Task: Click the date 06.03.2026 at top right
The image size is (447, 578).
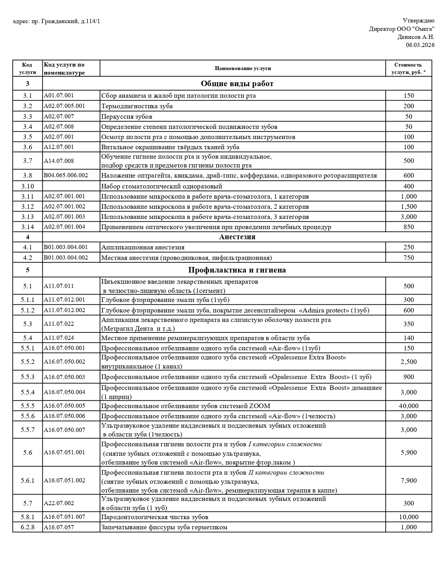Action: click(420, 45)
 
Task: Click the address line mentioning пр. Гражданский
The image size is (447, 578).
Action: click(56, 21)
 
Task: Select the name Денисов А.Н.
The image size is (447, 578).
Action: click(415, 37)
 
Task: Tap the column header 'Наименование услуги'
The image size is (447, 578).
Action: click(243, 68)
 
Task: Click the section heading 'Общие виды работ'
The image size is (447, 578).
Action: click(237, 84)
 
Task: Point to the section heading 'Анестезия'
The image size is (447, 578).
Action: click(237, 237)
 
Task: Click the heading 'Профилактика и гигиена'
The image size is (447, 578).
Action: click(237, 270)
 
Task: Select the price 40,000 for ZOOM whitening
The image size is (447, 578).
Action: click(408, 406)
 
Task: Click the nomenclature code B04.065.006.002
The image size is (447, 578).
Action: click(66, 175)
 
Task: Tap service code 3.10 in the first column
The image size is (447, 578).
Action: click(27, 186)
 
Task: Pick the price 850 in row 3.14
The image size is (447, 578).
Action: click(408, 227)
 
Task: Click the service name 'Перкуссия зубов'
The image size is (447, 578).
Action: click(127, 117)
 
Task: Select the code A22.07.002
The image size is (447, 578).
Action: click(59, 503)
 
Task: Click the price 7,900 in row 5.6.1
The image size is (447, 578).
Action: click(408, 481)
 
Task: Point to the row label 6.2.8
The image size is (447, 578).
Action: click(27, 527)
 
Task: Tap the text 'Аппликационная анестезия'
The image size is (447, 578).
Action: click(143, 247)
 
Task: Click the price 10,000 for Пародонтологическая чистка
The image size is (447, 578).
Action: click(408, 517)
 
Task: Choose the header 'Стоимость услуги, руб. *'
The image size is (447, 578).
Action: click(408, 68)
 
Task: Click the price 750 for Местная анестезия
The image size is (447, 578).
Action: click(408, 258)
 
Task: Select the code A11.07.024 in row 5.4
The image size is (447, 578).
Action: click(59, 338)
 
